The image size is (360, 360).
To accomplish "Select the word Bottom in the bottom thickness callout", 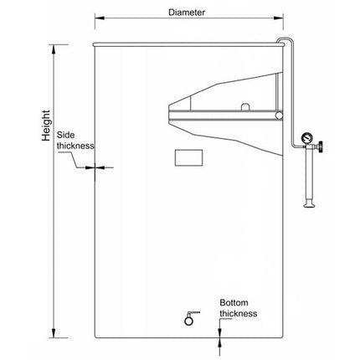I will click(234, 303).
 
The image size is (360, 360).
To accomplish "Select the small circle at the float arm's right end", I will click(279, 115).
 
